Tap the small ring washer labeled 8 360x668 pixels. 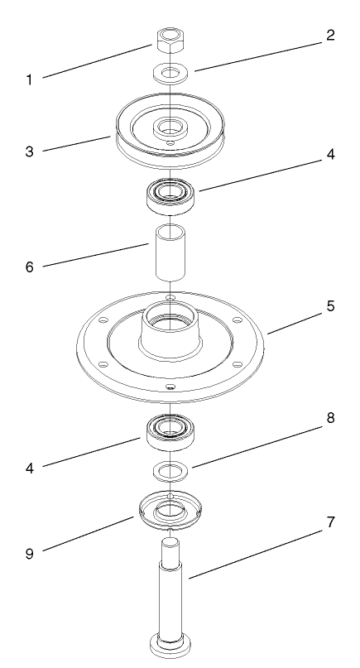pos(172,472)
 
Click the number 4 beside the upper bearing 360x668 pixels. pos(329,155)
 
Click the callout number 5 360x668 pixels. pos(329,306)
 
